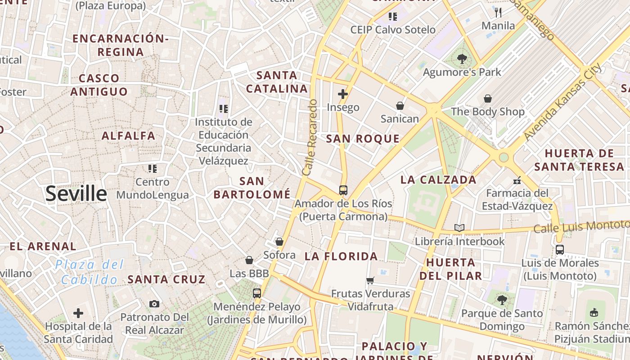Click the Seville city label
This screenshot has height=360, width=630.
(x=76, y=193)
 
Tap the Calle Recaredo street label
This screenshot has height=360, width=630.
(x=310, y=137)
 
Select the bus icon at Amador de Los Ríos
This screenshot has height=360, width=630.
(x=343, y=190)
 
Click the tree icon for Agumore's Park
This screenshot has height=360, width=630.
(x=462, y=58)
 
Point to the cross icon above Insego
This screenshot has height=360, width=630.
(x=343, y=94)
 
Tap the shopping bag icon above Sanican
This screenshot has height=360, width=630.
(x=400, y=106)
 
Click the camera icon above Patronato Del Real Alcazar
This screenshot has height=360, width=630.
(x=154, y=304)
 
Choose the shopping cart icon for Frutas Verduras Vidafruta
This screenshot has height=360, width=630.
(x=370, y=280)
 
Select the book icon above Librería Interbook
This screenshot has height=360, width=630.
(x=459, y=228)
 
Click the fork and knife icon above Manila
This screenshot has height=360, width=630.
(x=498, y=12)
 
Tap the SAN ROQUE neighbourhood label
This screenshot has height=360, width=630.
(x=363, y=139)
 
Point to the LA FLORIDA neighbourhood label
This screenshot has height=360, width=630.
(x=341, y=256)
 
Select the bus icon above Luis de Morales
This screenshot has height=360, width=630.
(x=560, y=249)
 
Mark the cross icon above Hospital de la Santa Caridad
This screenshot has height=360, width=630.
(x=78, y=313)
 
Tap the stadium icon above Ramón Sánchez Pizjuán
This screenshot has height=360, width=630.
(x=594, y=312)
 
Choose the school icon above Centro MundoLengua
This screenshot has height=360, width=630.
(x=153, y=169)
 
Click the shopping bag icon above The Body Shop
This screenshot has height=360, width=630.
(x=488, y=99)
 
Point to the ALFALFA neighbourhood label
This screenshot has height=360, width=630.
(x=128, y=135)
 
